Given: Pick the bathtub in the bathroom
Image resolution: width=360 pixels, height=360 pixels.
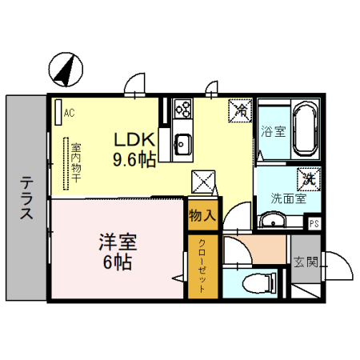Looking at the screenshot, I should tap(304, 130).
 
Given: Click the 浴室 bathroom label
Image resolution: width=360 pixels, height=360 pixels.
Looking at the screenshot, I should tap(273, 132).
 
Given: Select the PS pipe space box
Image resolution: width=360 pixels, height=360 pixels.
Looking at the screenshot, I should tap(314, 223).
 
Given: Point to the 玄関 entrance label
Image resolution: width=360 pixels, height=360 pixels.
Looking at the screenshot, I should tap(306, 261).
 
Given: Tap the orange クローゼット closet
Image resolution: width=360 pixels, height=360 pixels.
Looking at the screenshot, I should tap(202, 266).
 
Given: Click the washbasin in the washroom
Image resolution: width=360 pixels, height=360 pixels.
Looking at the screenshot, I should tap(271, 220).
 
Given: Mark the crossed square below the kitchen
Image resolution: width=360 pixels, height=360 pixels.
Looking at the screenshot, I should tap(203, 183).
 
